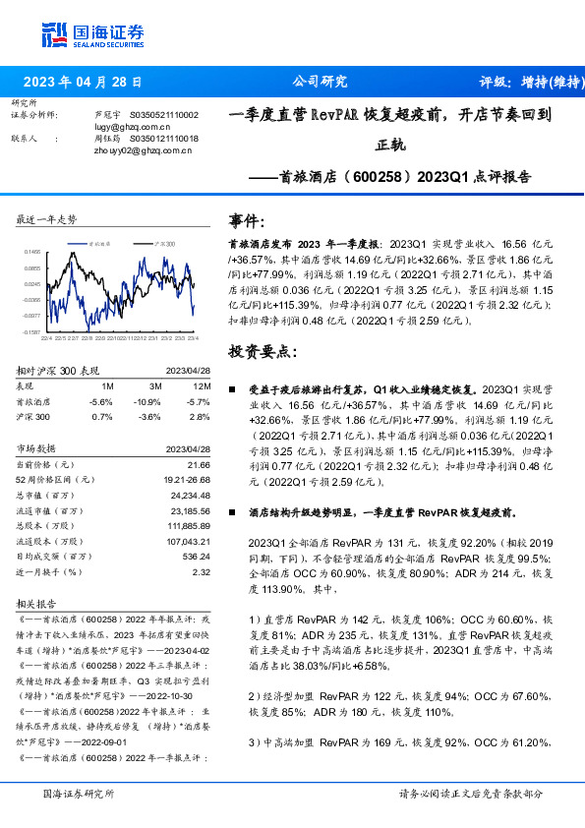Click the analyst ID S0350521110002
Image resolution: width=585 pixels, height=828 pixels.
click(x=164, y=115)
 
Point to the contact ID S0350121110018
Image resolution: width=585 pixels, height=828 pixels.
click(x=164, y=140)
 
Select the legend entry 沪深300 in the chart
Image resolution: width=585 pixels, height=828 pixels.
click(x=164, y=242)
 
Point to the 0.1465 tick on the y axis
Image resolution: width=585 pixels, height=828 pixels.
click(x=32, y=253)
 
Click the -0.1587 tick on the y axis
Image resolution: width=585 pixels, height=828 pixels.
click(x=32, y=333)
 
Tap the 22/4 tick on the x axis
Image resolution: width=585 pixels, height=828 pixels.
click(x=46, y=339)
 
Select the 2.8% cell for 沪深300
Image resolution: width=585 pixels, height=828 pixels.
click(x=200, y=417)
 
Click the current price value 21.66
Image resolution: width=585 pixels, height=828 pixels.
click(x=200, y=464)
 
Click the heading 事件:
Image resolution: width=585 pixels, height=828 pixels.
click(x=247, y=222)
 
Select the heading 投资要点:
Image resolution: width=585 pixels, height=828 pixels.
click(x=261, y=351)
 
